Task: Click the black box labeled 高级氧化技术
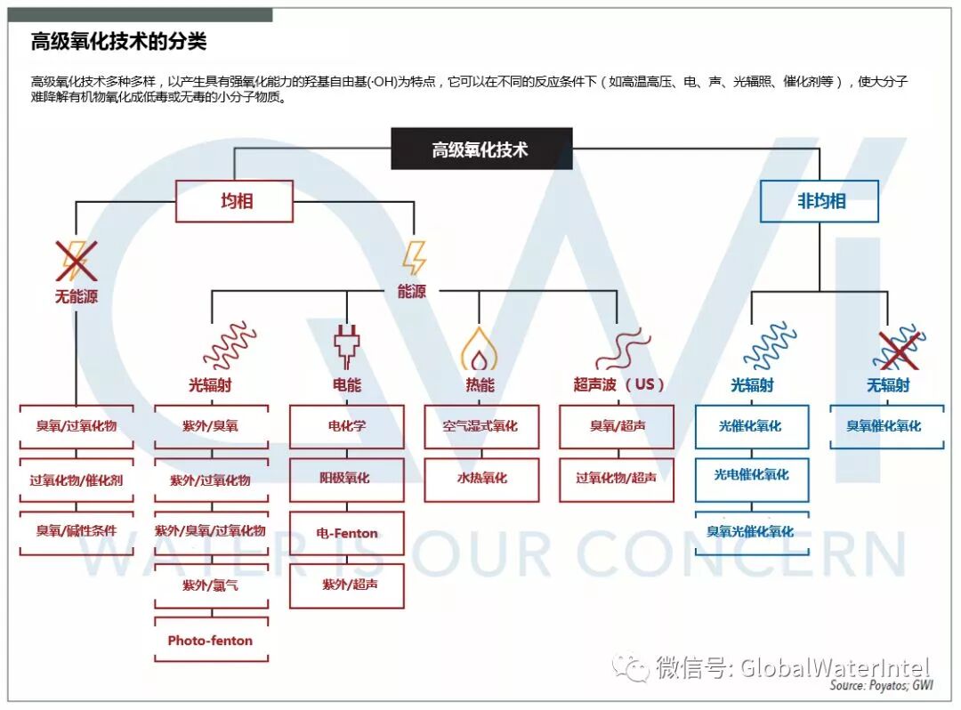click(481, 149)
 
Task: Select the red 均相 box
click(234, 201)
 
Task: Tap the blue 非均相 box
click(820, 201)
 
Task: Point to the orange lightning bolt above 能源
click(414, 257)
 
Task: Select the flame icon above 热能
click(480, 348)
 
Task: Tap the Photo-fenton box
click(211, 641)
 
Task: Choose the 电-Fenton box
click(347, 533)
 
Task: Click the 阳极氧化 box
click(347, 479)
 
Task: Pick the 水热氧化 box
click(481, 479)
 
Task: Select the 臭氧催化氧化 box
click(886, 426)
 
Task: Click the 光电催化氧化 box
click(752, 475)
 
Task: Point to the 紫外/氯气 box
click(211, 585)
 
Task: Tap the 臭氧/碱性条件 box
click(77, 531)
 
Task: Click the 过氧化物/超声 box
click(617, 479)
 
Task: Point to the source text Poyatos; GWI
click(880, 686)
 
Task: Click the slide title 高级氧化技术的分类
click(119, 42)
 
